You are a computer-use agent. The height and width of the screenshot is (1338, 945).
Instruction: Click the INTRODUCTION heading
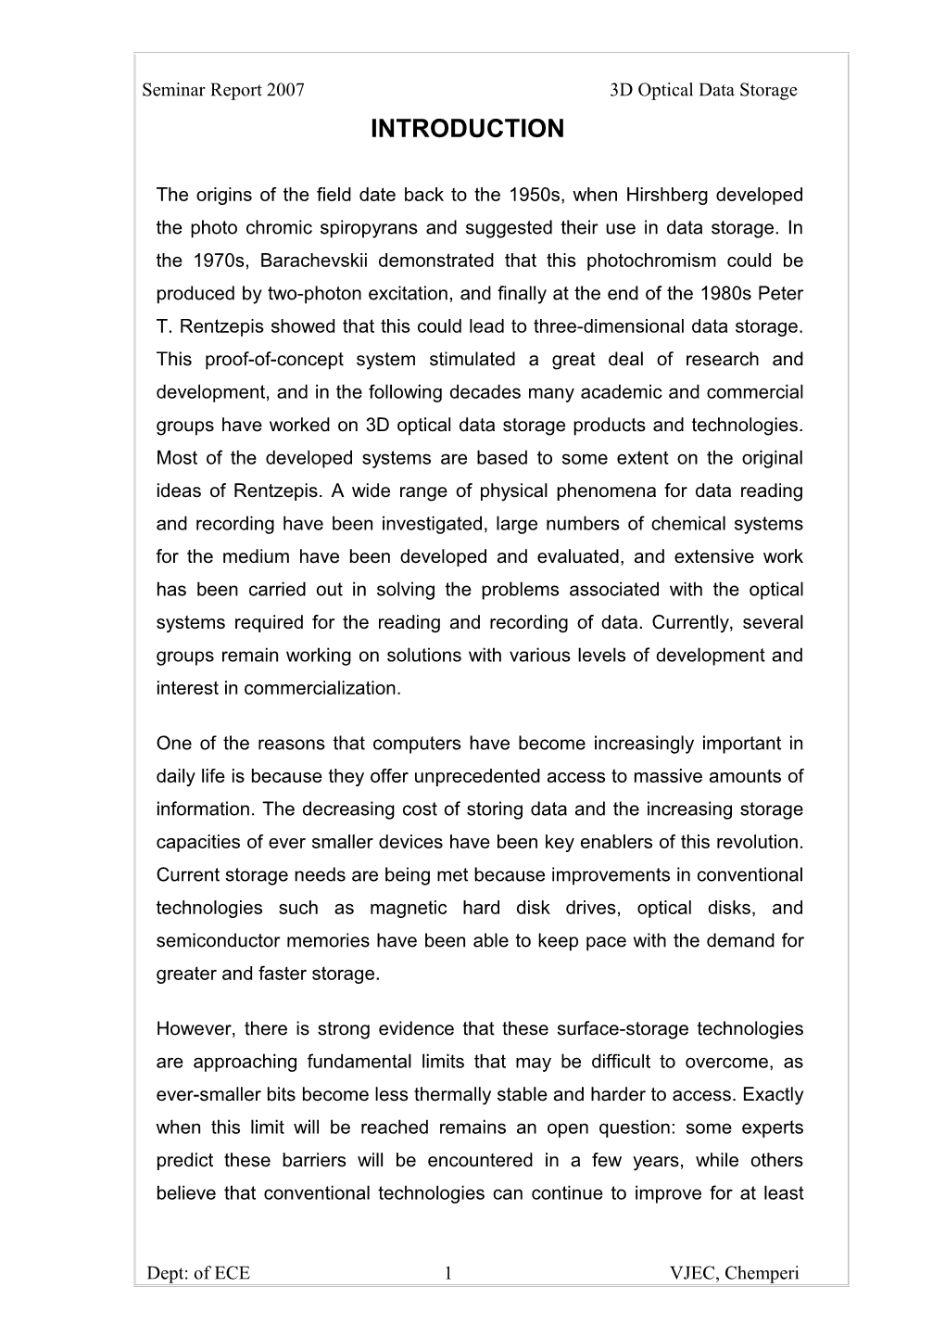pos(466,129)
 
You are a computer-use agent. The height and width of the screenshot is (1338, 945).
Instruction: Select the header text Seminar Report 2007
pos(223,90)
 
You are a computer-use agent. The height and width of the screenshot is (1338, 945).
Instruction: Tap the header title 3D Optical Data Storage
pos(703,90)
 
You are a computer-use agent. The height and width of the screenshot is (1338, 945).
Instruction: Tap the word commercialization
pos(332,688)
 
